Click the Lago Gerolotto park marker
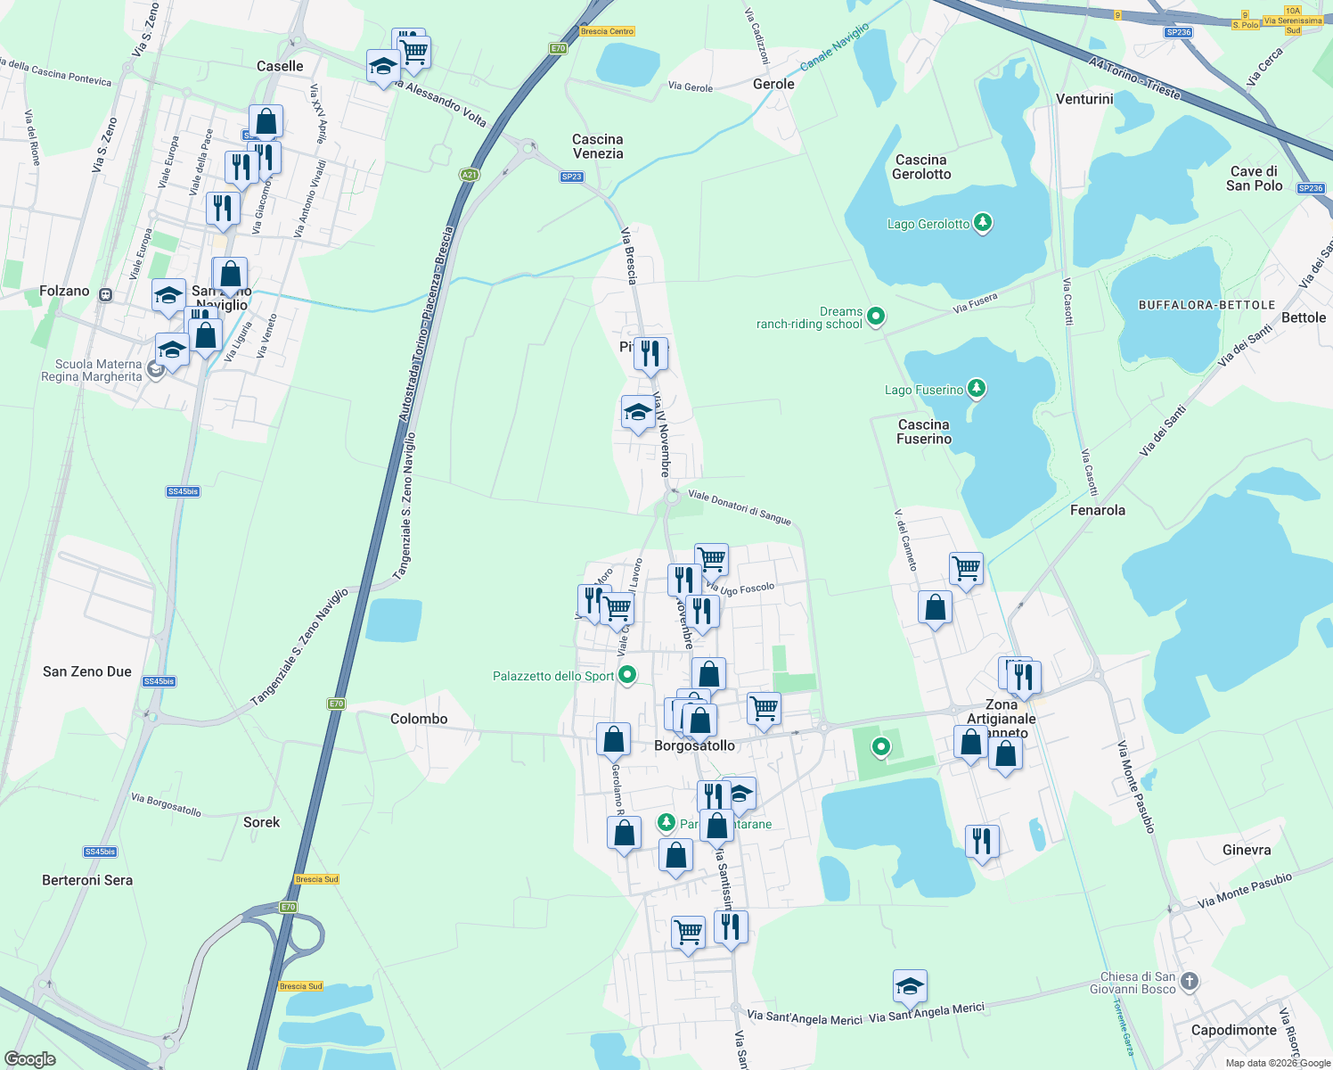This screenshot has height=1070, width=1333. (x=982, y=222)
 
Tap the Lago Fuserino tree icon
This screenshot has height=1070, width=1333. (x=977, y=388)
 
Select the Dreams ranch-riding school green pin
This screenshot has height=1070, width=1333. (x=875, y=316)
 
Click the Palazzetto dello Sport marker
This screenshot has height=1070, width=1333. (x=626, y=675)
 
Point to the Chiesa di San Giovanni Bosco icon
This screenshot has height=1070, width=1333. (x=1190, y=982)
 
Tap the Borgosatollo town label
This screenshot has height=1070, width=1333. (x=694, y=745)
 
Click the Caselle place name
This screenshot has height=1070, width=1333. (x=280, y=66)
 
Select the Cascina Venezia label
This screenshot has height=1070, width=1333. (x=597, y=146)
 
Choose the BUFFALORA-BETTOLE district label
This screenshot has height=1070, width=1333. (x=1206, y=305)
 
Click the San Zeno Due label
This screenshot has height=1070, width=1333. (x=87, y=671)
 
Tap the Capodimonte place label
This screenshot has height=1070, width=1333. (x=1233, y=1030)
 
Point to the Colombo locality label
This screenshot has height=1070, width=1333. (x=419, y=719)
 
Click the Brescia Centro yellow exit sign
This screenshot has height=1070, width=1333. (x=607, y=31)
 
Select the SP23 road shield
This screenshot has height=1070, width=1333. (x=571, y=177)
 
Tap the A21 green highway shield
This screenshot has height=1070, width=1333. (x=469, y=175)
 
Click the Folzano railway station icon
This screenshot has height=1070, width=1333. (x=105, y=294)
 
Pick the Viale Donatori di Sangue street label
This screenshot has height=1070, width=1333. (x=739, y=506)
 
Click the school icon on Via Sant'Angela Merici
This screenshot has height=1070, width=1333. (x=909, y=986)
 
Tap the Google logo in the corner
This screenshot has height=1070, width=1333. (x=29, y=1059)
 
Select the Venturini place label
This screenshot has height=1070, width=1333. (x=1084, y=99)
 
